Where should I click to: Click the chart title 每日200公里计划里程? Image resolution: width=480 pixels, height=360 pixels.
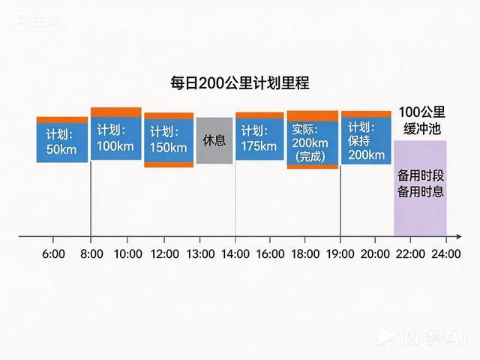[x=240, y=84]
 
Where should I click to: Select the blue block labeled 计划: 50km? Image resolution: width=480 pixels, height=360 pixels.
[x=61, y=140]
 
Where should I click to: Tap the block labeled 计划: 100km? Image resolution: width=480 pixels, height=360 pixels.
[x=115, y=135]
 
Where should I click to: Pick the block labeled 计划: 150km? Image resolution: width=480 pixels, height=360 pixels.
[x=169, y=140]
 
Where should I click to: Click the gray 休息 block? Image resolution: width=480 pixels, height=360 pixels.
[x=214, y=140]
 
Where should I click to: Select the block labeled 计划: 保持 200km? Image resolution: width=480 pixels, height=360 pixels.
[x=366, y=139]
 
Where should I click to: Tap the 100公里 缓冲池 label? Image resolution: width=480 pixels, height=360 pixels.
[x=421, y=120]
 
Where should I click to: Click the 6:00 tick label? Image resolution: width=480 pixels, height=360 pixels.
[x=53, y=254]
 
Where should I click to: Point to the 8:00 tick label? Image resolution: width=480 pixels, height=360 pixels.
[x=91, y=254]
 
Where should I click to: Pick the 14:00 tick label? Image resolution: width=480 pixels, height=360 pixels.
[x=235, y=254]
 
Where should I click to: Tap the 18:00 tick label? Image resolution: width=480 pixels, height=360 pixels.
[x=307, y=254]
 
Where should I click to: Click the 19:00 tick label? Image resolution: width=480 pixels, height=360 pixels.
[x=340, y=254]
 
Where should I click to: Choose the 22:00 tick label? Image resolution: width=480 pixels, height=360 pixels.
[x=410, y=254]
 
